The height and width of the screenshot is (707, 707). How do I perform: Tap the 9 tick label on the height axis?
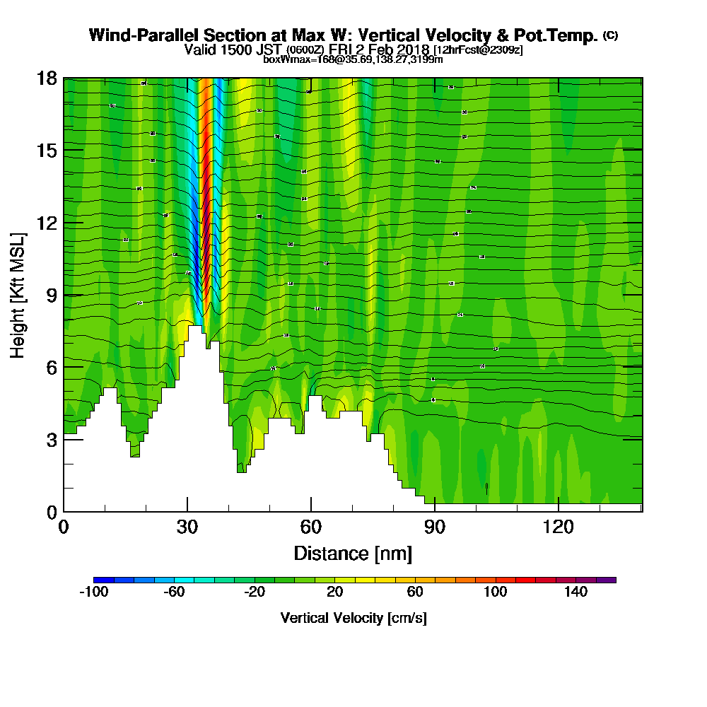click(x=52, y=295)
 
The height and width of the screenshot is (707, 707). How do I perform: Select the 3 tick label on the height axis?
click(x=52, y=439)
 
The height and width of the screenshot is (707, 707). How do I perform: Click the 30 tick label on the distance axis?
click(x=187, y=527)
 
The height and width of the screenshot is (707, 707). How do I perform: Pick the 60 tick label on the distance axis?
click(x=311, y=527)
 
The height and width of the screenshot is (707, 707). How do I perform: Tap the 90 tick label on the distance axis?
click(x=435, y=527)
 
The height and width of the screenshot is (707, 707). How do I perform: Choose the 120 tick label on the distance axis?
click(x=559, y=527)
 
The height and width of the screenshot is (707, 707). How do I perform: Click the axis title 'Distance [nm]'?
click(x=353, y=552)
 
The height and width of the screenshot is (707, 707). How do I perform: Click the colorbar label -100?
click(x=93, y=592)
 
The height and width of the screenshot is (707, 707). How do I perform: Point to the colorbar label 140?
click(x=575, y=592)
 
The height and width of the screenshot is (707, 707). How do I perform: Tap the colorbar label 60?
click(x=415, y=592)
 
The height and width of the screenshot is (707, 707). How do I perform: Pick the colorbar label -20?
click(x=255, y=592)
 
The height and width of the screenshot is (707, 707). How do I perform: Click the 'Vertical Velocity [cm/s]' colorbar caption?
click(x=353, y=618)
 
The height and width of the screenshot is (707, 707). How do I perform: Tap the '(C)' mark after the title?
click(x=610, y=35)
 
